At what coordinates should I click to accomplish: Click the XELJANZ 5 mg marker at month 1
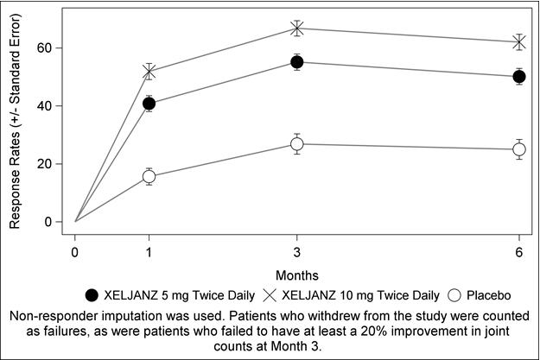(x=149, y=104)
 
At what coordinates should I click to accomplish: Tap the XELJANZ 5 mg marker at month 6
(x=519, y=76)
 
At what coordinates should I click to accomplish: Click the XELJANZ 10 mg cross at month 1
(x=149, y=72)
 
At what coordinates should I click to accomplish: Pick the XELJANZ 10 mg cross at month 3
(x=297, y=28)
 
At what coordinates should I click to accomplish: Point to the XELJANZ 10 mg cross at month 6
(x=519, y=41)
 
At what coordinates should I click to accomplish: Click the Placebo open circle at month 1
(x=149, y=176)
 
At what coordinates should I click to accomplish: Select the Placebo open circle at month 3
(x=297, y=144)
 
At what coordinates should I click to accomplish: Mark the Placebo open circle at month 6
(x=519, y=149)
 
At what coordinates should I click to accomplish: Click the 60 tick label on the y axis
(x=54, y=47)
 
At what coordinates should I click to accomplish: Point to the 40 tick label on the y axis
(x=54, y=105)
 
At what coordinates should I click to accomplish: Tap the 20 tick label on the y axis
(x=54, y=163)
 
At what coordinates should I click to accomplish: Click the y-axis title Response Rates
(x=15, y=125)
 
